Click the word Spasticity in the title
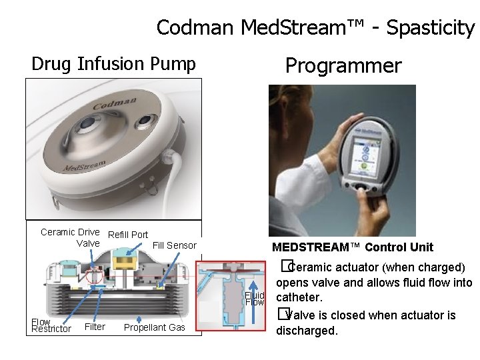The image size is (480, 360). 430,28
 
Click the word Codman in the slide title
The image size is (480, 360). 196,28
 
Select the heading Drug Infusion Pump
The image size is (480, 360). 114,64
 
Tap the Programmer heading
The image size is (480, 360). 343,65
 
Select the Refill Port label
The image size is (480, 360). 128,235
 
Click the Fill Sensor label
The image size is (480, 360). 175,245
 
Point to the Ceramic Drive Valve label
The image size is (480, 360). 70,237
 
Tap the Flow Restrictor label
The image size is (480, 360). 51,325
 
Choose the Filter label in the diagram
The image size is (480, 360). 95,327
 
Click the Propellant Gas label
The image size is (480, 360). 155,327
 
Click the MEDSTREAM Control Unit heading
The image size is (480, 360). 353,247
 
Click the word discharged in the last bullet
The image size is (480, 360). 307,331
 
